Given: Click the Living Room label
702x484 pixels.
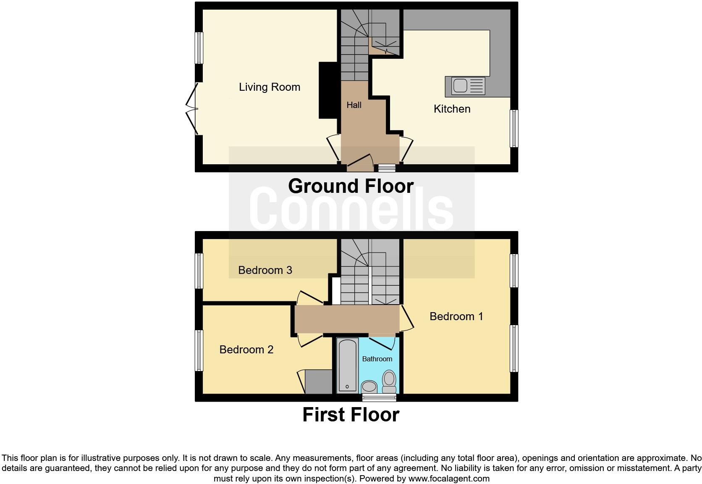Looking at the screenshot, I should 270,87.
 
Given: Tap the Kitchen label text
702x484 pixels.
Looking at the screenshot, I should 452,109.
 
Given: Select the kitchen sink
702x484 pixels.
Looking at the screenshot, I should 465,86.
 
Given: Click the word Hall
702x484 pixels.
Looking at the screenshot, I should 354,105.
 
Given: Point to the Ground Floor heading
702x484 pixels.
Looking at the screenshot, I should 351,186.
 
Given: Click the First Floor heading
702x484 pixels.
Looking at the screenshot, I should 351,415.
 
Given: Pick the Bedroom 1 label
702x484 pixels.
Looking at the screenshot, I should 456,316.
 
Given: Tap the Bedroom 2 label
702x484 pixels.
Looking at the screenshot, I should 246,350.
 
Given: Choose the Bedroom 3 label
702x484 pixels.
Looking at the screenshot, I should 265,270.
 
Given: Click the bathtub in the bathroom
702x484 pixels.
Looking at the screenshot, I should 348,365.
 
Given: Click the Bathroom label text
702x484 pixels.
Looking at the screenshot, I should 377,359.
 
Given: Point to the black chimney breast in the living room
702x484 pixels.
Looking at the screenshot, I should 328,90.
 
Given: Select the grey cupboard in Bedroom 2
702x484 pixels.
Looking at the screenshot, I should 318,381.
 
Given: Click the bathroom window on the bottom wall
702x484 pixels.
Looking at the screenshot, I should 379,397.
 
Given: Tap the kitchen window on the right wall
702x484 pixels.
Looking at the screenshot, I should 514,129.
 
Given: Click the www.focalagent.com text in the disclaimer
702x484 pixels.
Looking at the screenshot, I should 448,478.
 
